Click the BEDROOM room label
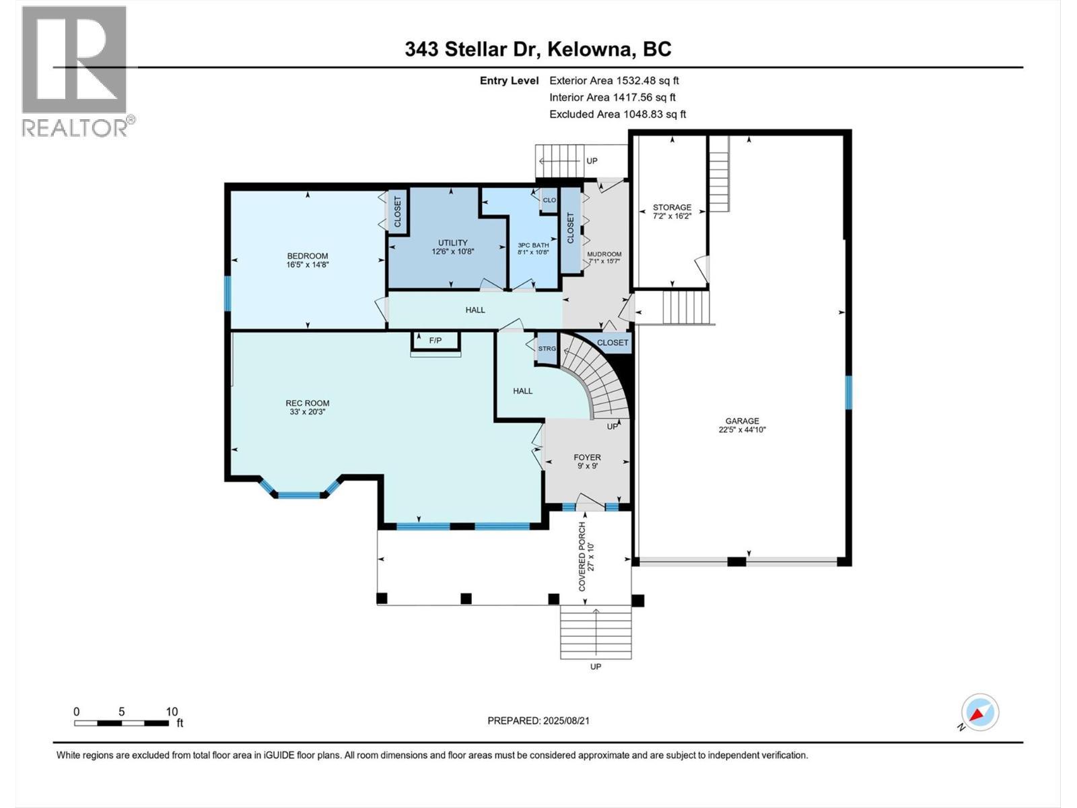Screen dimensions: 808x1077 click(x=307, y=256)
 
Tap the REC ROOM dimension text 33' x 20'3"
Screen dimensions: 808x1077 click(x=307, y=412)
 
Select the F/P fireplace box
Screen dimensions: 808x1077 click(x=436, y=341)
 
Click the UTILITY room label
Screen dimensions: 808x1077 click(x=452, y=243)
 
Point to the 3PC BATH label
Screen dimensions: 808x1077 click(x=533, y=245)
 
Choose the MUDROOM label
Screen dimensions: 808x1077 click(x=604, y=255)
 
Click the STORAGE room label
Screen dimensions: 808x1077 click(x=672, y=207)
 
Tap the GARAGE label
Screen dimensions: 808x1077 click(x=742, y=421)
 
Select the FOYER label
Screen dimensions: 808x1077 click(x=587, y=457)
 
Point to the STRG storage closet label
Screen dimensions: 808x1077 click(x=547, y=349)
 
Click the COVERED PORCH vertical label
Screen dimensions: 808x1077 click(x=583, y=556)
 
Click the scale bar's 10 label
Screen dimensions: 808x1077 click(x=172, y=712)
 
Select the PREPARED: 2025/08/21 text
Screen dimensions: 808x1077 click(x=538, y=720)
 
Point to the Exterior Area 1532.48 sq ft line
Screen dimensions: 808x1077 click(x=614, y=81)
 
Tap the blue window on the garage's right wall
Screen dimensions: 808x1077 click(x=848, y=393)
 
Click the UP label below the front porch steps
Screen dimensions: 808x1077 click(x=596, y=667)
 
